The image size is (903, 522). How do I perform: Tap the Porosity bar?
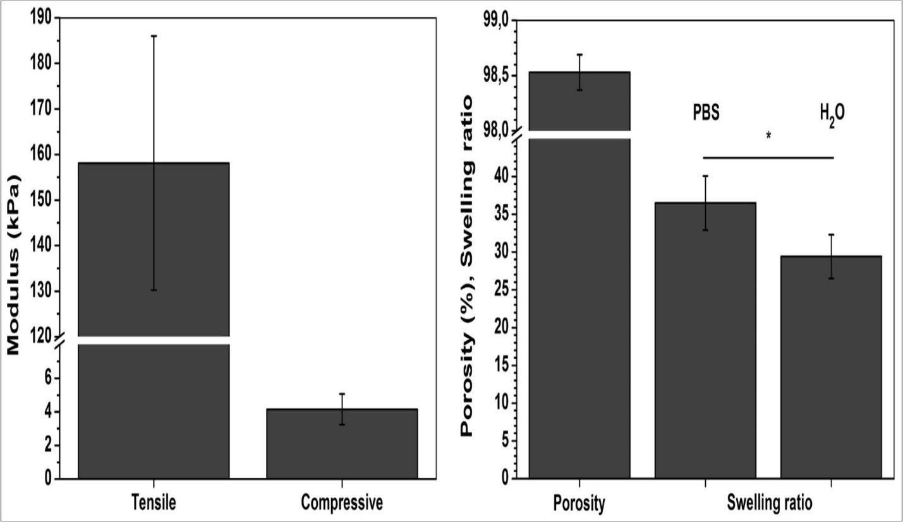[x=579, y=303]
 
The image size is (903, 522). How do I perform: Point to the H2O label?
[x=831, y=116]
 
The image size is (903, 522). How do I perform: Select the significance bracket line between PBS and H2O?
[x=768, y=157]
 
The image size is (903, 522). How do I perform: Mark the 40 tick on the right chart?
[x=500, y=176]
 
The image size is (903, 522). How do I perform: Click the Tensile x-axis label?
[x=153, y=503]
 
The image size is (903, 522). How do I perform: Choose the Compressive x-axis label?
[x=342, y=503]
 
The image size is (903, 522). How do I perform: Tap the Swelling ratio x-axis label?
[x=768, y=503]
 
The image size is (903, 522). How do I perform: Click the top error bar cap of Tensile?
[x=153, y=36]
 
